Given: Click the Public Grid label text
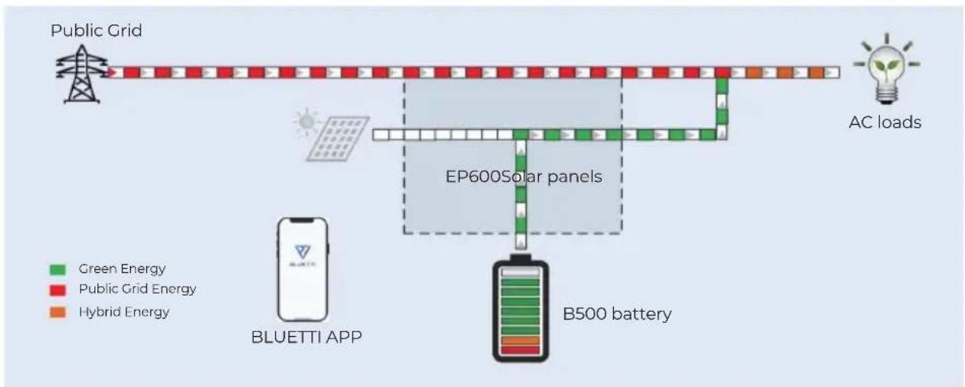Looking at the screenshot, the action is [x=96, y=30].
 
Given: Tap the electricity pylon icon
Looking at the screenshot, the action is [x=81, y=74].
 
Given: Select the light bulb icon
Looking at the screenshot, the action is [x=886, y=69].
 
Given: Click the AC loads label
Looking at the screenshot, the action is [x=885, y=122].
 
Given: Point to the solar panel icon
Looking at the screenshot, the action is [x=337, y=139].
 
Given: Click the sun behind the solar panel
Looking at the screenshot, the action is [x=307, y=122].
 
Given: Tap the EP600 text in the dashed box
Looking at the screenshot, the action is [x=473, y=176].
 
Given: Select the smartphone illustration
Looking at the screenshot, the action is [x=302, y=269].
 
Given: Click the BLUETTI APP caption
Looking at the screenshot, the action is [x=306, y=337].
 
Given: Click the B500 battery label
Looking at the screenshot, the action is [x=617, y=314].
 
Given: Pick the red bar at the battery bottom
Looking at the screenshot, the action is [x=520, y=350].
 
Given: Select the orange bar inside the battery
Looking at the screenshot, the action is [x=520, y=341].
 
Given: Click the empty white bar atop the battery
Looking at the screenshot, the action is [x=520, y=273].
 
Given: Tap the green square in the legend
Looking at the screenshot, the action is [x=58, y=270].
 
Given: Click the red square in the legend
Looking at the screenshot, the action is [x=58, y=290].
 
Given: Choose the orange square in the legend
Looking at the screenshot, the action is [x=58, y=312].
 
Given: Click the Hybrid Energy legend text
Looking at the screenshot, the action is [x=124, y=312].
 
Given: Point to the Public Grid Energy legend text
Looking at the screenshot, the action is [x=138, y=289].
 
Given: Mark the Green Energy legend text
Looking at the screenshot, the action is [x=122, y=269].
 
